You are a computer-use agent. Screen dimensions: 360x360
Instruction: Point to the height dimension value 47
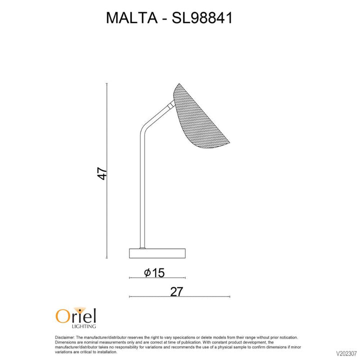(102, 173)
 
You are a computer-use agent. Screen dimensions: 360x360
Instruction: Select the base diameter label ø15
(154, 272)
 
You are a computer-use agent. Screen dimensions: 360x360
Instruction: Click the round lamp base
(157, 253)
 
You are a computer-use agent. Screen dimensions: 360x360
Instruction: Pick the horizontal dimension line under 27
(150, 297)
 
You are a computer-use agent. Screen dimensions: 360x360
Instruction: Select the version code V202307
(344, 351)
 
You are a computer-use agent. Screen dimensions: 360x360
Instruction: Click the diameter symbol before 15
(147, 272)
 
